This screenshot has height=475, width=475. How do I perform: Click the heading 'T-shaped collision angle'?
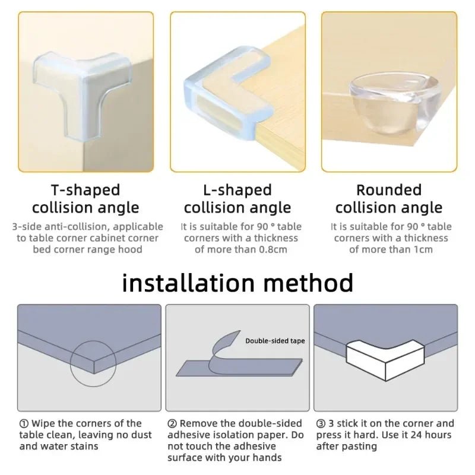85,199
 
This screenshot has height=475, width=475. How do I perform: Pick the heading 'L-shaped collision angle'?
237,199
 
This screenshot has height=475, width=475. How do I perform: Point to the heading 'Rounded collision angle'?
389,199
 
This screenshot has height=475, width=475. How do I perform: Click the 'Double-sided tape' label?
275,341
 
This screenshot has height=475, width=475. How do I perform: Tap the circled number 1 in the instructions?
24,423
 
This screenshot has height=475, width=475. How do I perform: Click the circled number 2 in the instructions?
172,423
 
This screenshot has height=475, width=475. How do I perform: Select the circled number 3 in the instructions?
321,423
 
